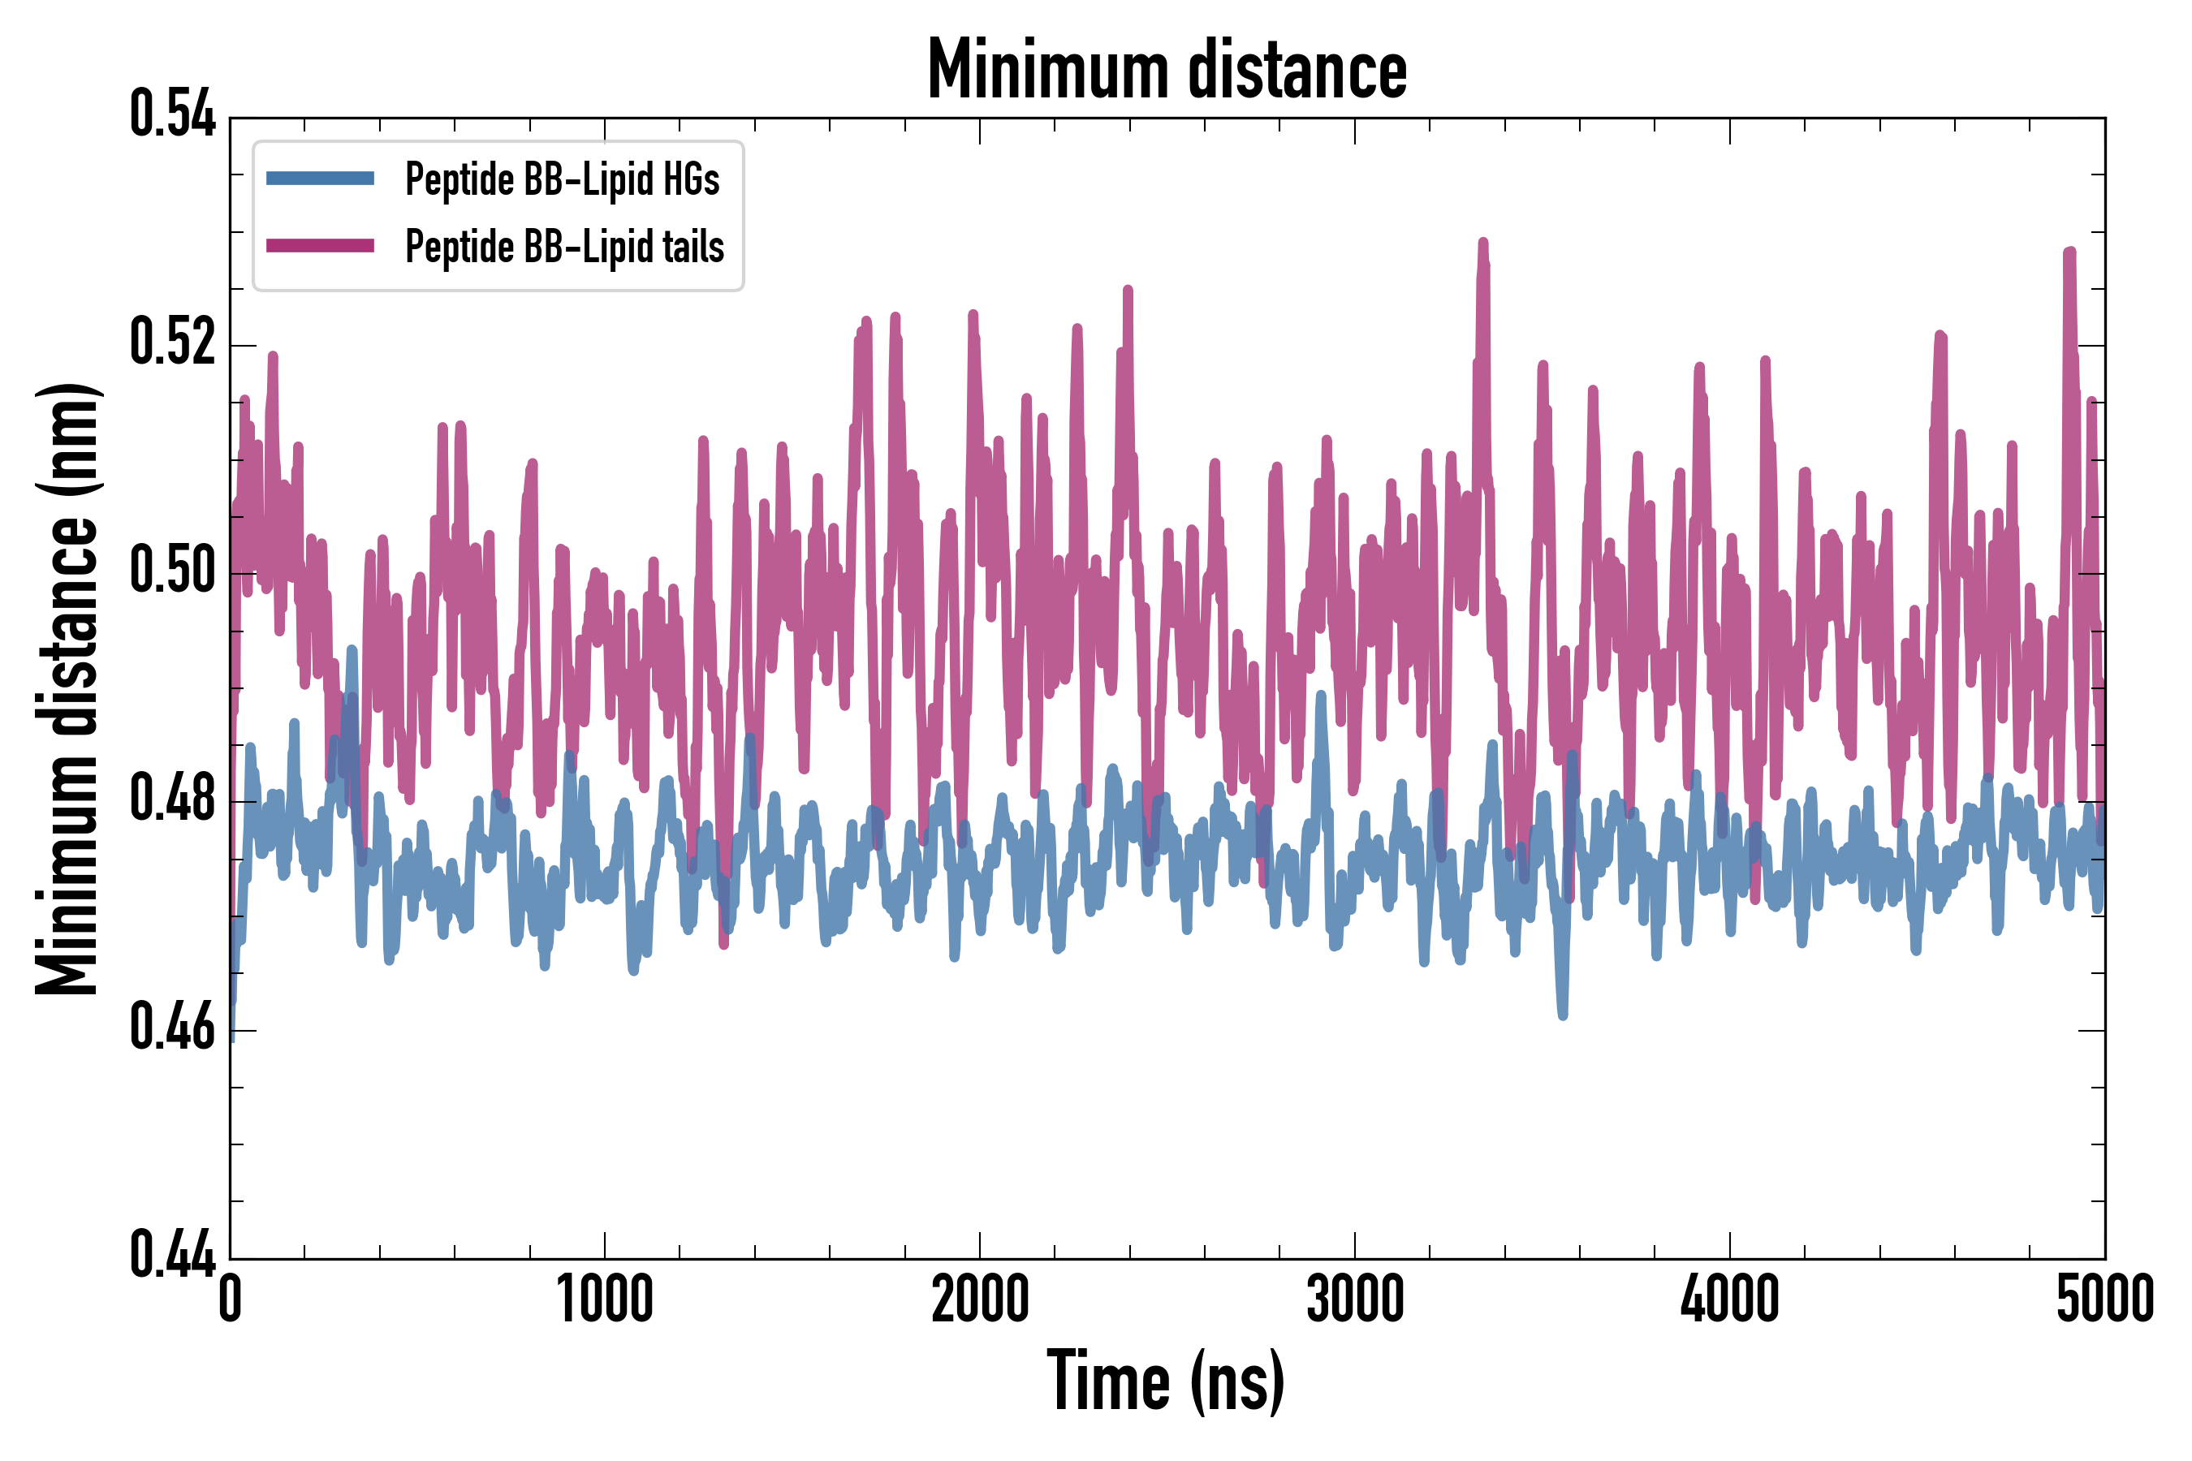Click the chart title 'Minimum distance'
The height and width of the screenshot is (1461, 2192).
(x=1167, y=70)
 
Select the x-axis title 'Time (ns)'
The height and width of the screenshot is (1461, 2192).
(x=1166, y=1381)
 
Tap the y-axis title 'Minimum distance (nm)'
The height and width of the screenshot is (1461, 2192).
(x=67, y=688)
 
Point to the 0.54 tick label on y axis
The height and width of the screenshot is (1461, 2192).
(x=172, y=115)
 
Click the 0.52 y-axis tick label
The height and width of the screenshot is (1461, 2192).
(x=172, y=343)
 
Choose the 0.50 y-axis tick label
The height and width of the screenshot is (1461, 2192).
(x=172, y=571)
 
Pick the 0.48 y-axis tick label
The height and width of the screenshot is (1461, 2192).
(x=172, y=799)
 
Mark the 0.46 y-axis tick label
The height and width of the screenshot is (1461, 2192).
(x=172, y=1028)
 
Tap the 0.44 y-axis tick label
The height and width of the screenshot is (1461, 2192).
(x=172, y=1255)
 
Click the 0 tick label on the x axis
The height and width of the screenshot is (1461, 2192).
(x=231, y=1299)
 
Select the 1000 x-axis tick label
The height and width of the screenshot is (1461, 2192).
(x=605, y=1299)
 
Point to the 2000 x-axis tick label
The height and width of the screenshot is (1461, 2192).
(x=980, y=1299)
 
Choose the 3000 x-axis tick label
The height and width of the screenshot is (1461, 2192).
(x=1354, y=1299)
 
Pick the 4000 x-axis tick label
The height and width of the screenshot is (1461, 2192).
(x=1730, y=1299)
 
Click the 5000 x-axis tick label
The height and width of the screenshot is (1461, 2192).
(x=2104, y=1299)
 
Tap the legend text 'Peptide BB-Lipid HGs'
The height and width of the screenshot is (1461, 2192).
(x=562, y=179)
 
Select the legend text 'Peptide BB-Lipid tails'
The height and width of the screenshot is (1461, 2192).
(x=565, y=247)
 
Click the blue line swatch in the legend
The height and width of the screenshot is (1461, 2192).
(x=320, y=179)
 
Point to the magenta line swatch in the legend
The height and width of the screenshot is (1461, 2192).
(x=320, y=246)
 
